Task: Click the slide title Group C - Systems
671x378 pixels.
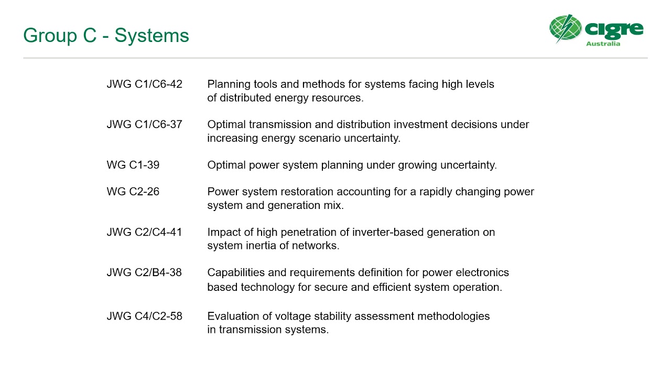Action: point(106,36)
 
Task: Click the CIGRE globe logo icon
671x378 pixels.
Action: point(565,28)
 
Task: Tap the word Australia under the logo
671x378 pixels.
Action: point(603,44)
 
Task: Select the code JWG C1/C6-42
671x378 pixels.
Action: point(144,84)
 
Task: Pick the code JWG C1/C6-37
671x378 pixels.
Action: point(144,124)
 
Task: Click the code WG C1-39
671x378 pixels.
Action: point(133,165)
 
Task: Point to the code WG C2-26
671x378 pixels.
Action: point(133,192)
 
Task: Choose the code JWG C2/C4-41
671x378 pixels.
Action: point(144,232)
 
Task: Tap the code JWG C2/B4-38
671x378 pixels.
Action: point(144,272)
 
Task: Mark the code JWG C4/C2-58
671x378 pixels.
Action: point(144,316)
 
